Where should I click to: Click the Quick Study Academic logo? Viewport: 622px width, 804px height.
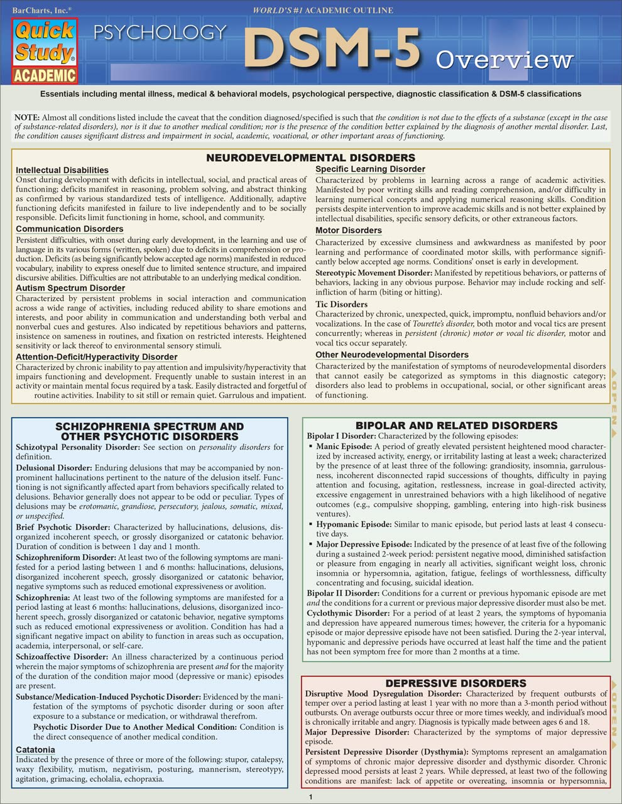pos(44,51)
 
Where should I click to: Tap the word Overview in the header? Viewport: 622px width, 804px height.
pos(505,60)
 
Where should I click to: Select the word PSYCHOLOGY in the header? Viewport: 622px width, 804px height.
pos(160,32)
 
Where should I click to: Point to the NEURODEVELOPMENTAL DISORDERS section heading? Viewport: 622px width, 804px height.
pos(311,158)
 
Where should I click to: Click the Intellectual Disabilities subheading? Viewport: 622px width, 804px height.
pos(62,170)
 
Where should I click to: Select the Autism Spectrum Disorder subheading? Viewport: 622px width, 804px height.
pos(70,288)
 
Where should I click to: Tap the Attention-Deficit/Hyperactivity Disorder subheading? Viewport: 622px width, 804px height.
pos(97,357)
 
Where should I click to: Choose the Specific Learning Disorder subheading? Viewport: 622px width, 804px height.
pos(370,170)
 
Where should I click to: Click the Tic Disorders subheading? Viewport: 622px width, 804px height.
pos(341,305)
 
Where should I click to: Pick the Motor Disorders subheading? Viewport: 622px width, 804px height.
pos(349,231)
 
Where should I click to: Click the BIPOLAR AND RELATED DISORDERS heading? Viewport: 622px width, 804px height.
pos(456,426)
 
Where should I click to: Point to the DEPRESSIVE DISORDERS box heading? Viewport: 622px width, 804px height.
pos(456,683)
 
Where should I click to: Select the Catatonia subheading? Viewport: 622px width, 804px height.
pos(35,750)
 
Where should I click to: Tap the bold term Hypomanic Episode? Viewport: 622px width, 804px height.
pos(354,524)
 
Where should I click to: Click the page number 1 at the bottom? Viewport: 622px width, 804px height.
pos(310,797)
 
